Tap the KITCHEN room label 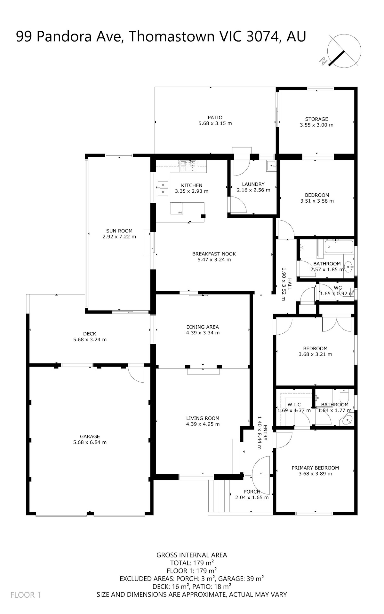point(192,185)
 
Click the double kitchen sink point(163,188)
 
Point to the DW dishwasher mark point(180,213)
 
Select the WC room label point(338,287)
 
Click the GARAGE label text point(90,436)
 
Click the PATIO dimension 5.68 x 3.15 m point(215,123)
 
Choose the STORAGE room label point(316,119)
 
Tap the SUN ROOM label point(119,231)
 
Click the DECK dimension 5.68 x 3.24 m point(90,339)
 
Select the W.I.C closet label point(294,405)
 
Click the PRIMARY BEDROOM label point(315,468)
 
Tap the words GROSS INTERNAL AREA point(192,555)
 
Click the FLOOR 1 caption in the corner point(26,595)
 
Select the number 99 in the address point(24,36)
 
